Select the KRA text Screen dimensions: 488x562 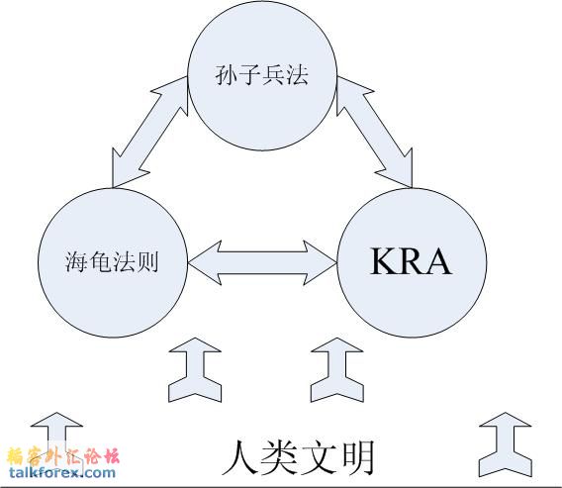(x=411, y=261)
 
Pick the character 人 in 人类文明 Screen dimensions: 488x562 (x=238, y=456)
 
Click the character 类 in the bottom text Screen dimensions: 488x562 (x=280, y=456)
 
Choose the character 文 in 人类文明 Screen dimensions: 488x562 (x=319, y=456)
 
